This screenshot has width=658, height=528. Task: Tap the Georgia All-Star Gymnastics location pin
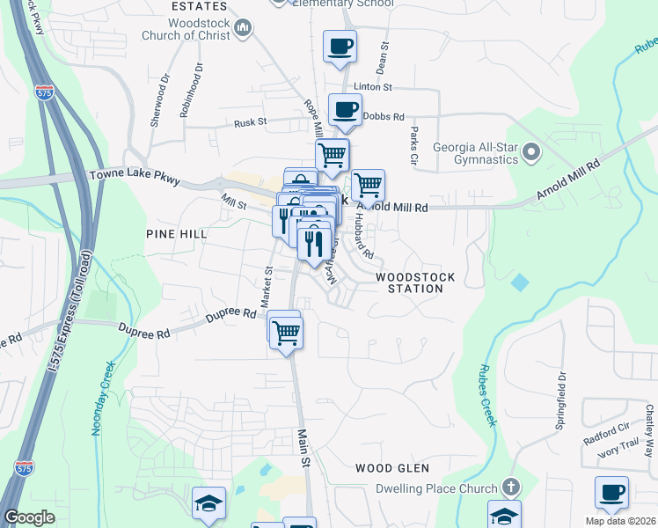530,154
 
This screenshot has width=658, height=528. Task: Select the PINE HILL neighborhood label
177,234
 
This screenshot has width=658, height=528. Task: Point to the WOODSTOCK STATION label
415,282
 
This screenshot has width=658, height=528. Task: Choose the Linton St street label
372,87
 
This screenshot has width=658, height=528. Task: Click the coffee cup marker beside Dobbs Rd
345,111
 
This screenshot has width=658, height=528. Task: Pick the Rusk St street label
250,124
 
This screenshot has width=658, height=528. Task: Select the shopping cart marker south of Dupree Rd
286,334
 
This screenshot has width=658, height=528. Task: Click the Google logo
30,517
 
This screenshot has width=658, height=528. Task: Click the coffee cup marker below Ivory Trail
611,493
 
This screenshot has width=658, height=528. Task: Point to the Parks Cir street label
413,146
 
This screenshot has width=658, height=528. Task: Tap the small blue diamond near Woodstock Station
520,283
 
